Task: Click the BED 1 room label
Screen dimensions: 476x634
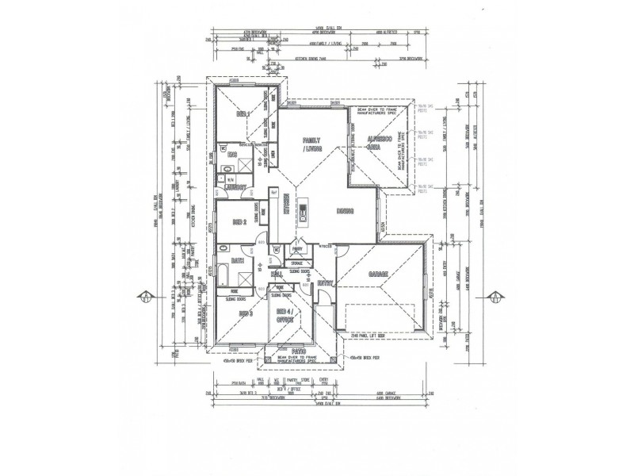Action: (243, 115)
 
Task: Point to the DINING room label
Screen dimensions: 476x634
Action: (344, 212)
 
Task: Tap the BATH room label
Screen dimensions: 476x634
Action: (237, 260)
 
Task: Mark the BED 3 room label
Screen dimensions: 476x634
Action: (245, 314)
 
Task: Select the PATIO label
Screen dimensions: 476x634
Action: (297, 350)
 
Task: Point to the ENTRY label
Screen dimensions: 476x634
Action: (324, 282)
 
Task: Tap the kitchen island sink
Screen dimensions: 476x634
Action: (303, 211)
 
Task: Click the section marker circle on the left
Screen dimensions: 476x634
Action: (147, 297)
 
